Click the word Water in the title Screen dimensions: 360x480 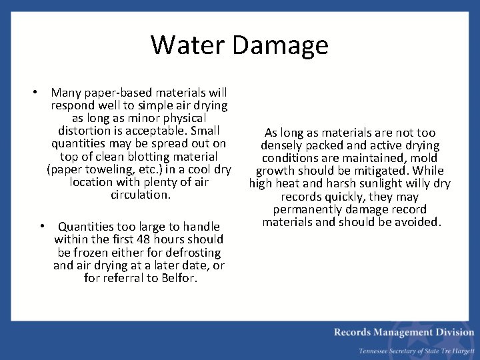[189, 45]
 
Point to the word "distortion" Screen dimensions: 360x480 [87, 131]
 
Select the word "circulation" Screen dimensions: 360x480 [140, 195]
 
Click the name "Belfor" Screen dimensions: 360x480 [179, 278]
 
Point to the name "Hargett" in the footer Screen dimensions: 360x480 [459, 351]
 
